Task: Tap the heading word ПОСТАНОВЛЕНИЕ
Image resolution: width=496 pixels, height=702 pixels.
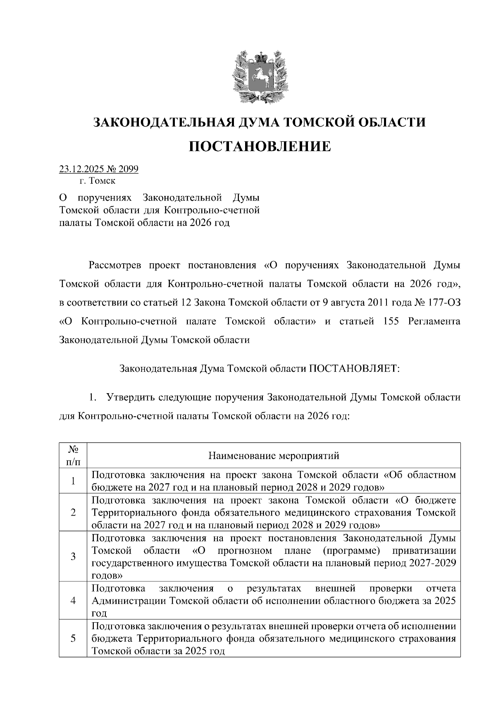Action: (260, 146)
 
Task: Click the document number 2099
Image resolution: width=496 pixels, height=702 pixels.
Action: (128, 169)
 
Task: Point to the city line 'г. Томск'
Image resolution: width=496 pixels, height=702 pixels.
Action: (97, 181)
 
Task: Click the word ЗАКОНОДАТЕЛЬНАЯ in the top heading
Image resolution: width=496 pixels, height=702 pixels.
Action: (158, 122)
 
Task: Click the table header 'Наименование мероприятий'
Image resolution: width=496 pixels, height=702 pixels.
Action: (274, 456)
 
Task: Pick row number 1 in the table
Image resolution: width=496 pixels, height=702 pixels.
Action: (73, 480)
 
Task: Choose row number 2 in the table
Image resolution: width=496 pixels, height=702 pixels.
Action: (73, 512)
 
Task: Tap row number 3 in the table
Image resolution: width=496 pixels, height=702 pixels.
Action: (73, 556)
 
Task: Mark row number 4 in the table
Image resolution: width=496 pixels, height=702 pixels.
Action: (73, 600)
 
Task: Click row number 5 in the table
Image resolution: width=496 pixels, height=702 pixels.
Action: (73, 638)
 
